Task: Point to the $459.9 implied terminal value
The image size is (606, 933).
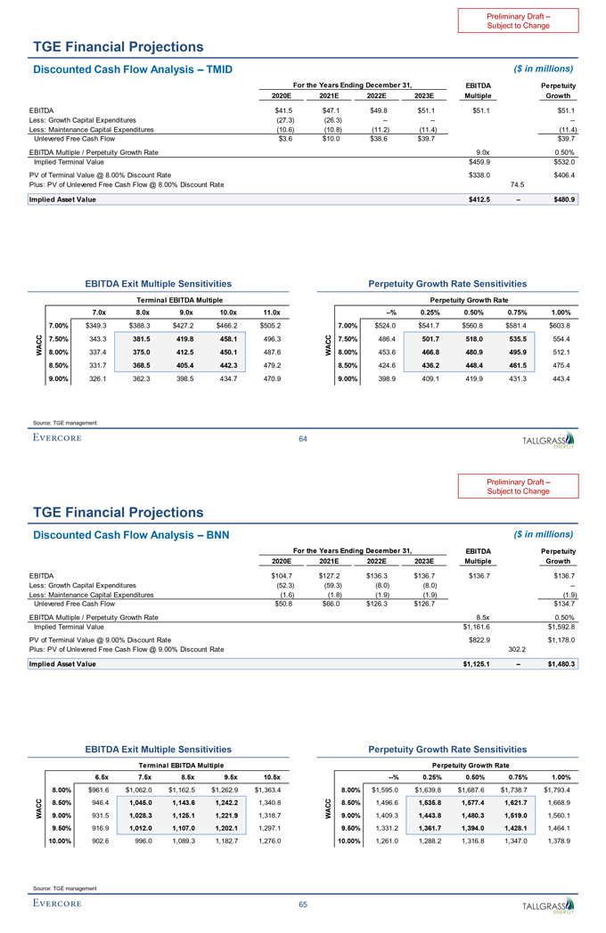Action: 481,162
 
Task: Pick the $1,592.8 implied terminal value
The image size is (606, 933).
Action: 560,628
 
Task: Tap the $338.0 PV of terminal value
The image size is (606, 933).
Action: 482,174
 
